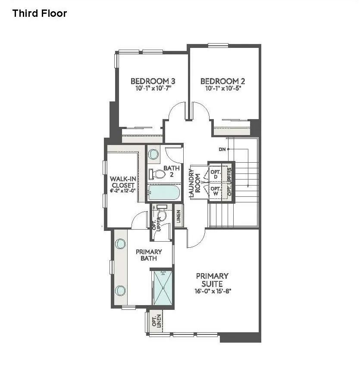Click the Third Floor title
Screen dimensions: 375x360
coord(40,13)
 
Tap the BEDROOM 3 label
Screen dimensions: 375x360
coord(153,81)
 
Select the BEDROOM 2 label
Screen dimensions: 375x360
coord(222,81)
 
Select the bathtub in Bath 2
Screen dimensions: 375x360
coord(163,192)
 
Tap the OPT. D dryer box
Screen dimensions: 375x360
coord(215,174)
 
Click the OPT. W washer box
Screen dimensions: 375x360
coord(215,191)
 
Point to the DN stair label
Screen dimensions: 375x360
coord(222,149)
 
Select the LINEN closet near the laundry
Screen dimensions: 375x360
coord(178,215)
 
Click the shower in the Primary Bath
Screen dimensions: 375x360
coord(163,287)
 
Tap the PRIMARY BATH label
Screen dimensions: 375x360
coord(149,255)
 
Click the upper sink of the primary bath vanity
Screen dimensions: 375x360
coord(120,244)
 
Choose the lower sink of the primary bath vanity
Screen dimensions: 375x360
coord(120,290)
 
